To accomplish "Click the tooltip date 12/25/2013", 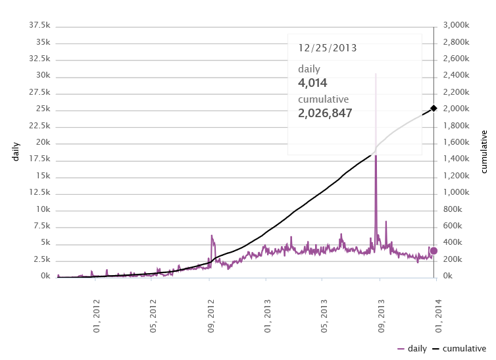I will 328,48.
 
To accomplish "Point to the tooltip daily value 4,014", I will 312,83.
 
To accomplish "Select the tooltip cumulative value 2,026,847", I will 325,113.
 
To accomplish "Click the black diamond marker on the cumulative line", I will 434,108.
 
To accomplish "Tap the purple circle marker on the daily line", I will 434,251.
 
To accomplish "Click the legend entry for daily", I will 412,349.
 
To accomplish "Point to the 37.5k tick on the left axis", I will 40,25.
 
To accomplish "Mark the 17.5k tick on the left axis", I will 40,159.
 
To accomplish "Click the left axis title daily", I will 16,151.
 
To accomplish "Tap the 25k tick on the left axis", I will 42,109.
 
